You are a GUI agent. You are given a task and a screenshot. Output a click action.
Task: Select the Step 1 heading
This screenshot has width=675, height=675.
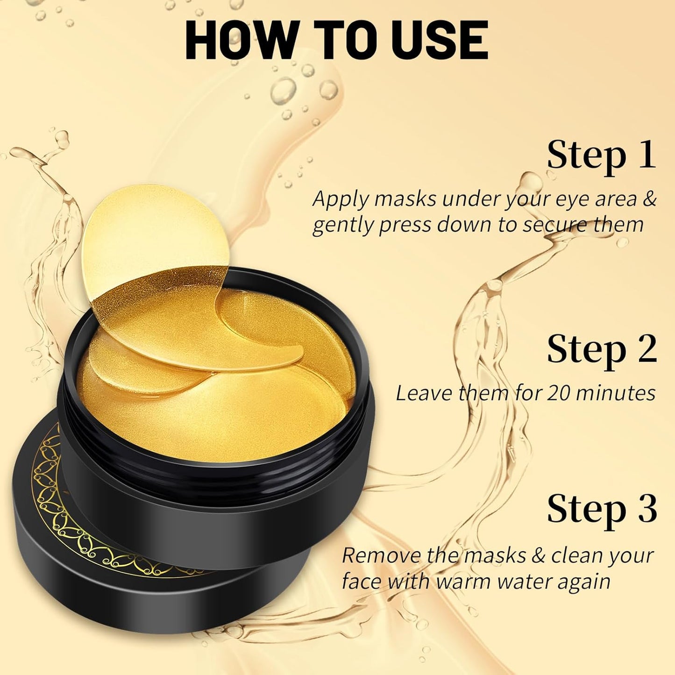(602, 156)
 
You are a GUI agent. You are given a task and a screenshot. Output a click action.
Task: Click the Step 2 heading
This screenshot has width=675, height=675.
(602, 349)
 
